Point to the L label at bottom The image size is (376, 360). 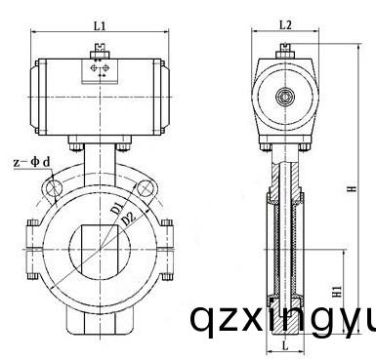coord(284,346)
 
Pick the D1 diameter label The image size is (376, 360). coord(115,210)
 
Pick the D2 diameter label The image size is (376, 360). coord(126,223)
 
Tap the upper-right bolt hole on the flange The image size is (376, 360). coord(143,193)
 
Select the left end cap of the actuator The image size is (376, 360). coord(36,97)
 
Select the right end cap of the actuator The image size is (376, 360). coord(165,97)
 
